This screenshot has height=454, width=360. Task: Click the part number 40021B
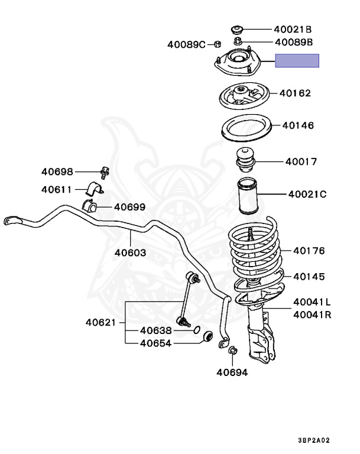293,28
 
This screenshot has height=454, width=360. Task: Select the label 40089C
186,44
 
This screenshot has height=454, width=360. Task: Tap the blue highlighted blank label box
297,60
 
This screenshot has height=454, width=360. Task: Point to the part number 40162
295,93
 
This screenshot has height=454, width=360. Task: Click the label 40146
298,125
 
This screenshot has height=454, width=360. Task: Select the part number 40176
309,251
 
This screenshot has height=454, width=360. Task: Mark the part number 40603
131,252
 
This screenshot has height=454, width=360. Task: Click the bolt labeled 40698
105,172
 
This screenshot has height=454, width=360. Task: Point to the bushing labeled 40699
90,207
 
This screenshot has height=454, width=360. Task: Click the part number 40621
101,322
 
